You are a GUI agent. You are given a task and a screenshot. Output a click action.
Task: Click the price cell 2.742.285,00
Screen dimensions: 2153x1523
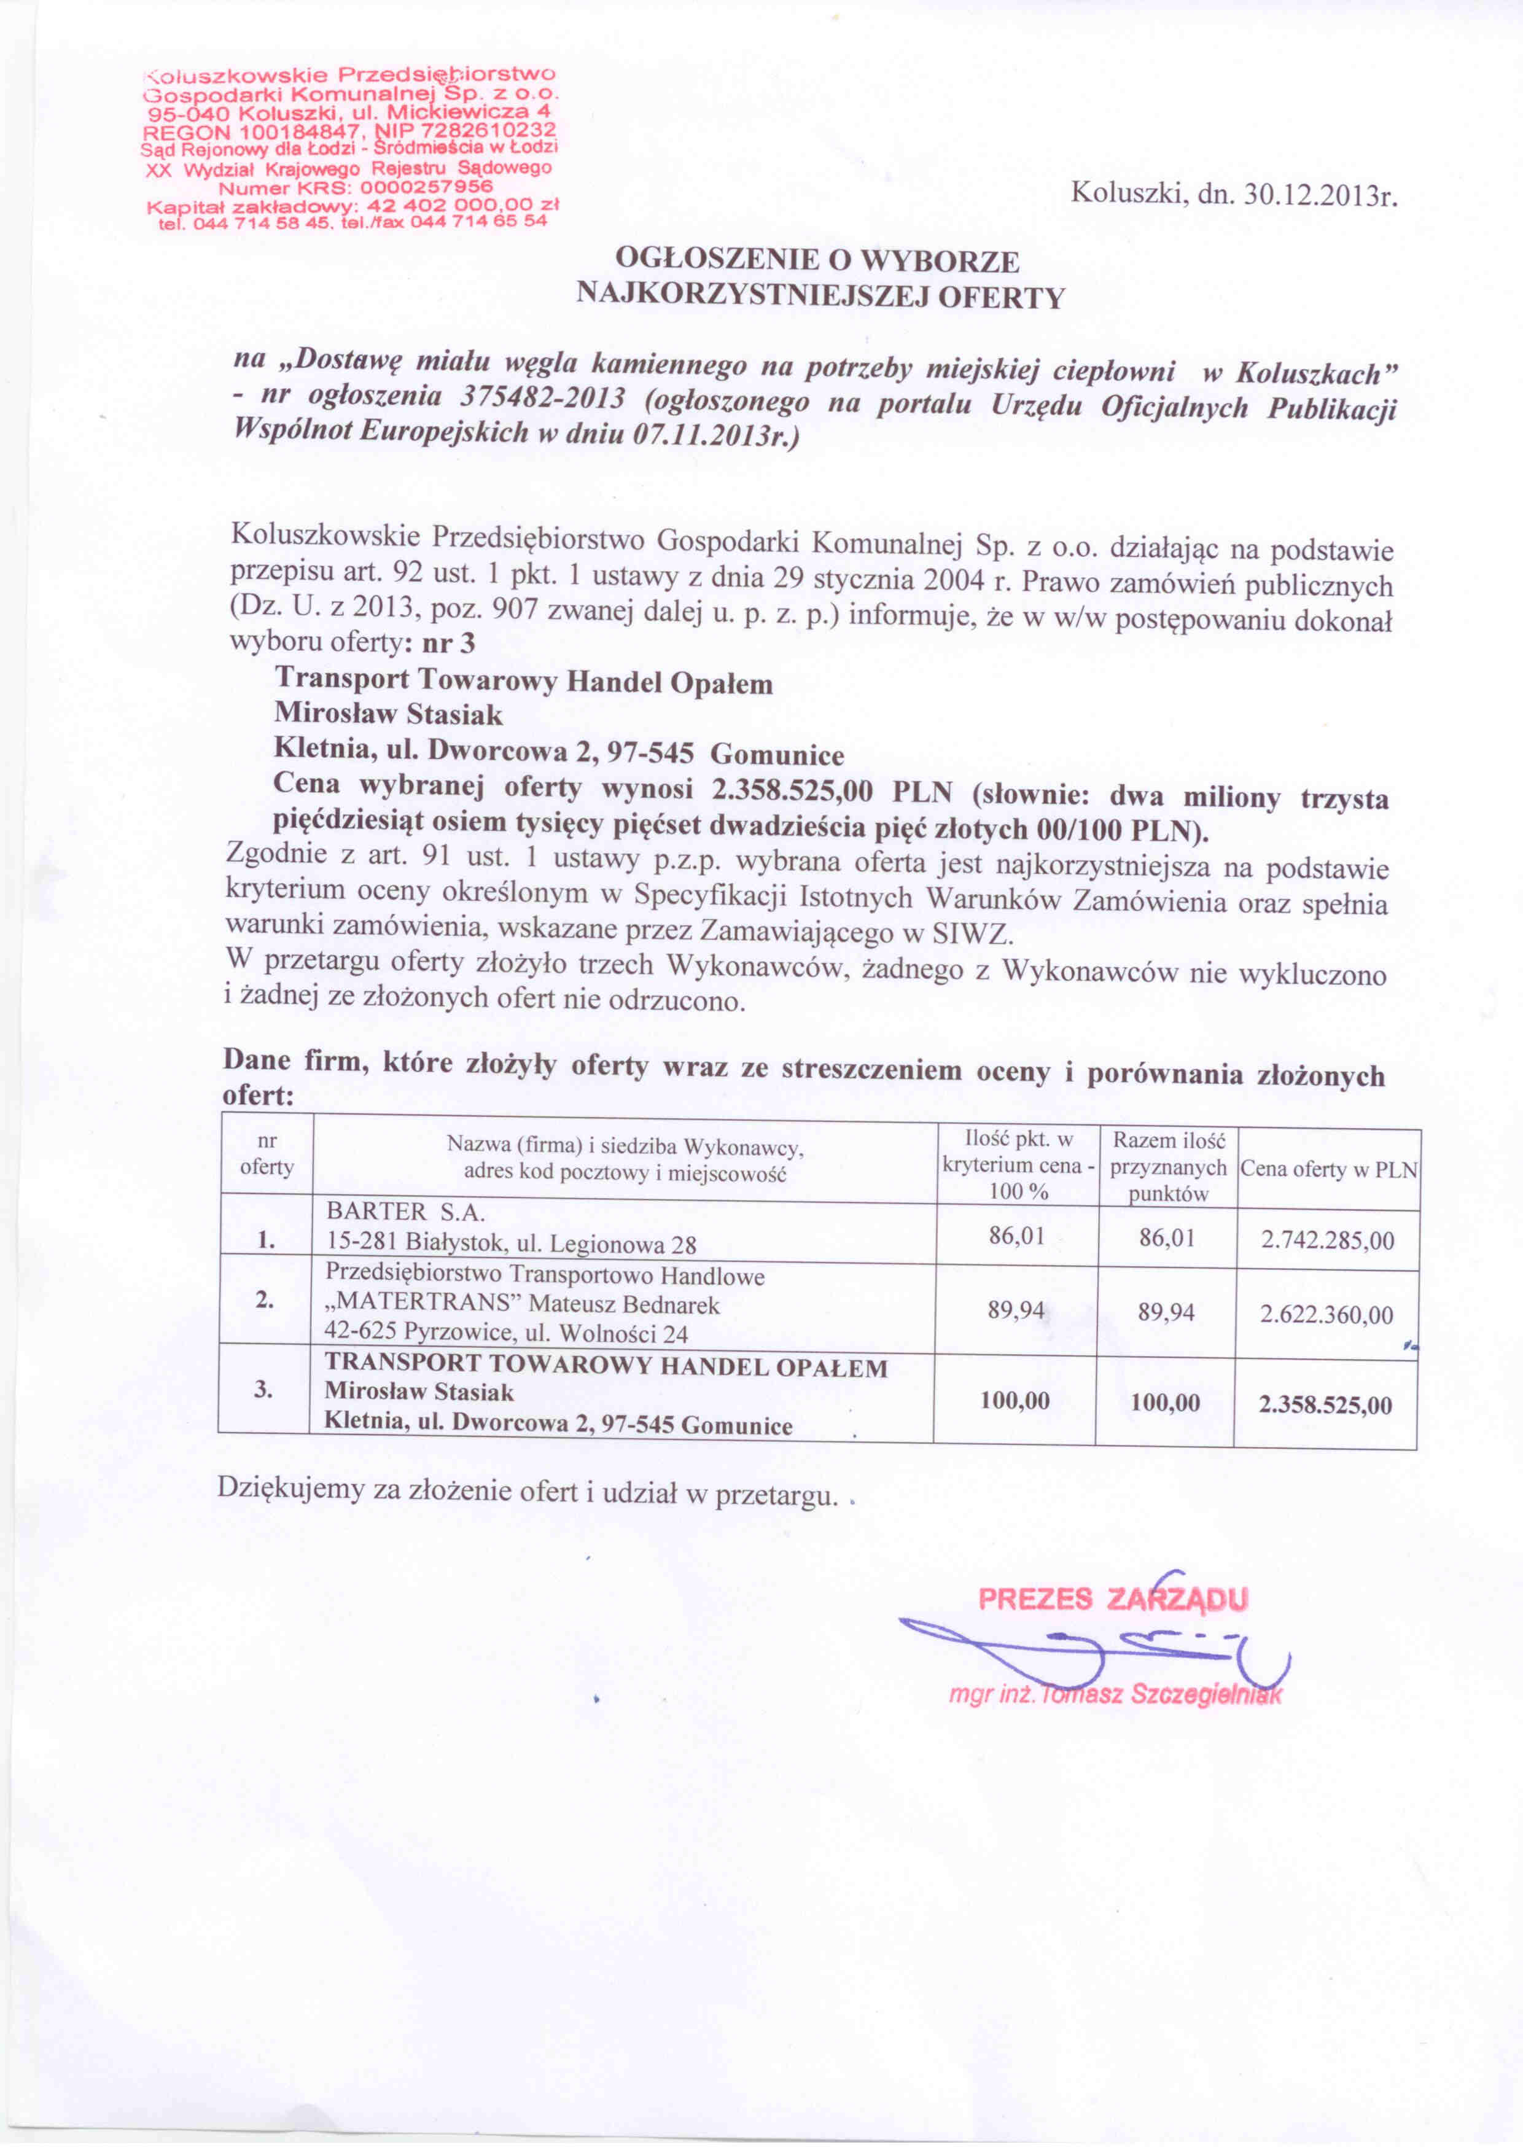1327,1240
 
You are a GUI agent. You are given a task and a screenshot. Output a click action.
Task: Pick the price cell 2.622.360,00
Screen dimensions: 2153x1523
1326,1315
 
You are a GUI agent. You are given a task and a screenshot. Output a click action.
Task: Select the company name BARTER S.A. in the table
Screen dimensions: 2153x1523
405,1212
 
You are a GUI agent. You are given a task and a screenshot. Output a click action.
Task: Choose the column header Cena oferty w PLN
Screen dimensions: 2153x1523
1328,1169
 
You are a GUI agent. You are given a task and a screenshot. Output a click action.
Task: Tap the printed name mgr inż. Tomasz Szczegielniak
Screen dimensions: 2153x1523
1114,1694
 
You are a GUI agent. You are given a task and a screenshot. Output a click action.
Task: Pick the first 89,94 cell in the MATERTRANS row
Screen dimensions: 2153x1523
1016,1310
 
